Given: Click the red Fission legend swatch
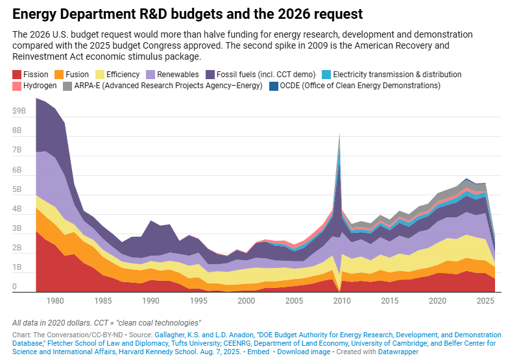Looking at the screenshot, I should (17, 75).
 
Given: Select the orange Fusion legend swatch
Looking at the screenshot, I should (58, 75).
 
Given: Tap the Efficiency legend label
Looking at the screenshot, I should (123, 75).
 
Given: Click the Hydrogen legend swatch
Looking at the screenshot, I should (17, 86).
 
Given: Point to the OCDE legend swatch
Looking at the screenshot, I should (274, 86).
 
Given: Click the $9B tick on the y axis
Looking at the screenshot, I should (19, 111).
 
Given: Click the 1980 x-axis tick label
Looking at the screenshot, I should (55, 301).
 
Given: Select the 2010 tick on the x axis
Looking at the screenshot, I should (341, 301).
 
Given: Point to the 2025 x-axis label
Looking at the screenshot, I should (484, 301).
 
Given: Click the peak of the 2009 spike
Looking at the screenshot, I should (339, 134).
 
